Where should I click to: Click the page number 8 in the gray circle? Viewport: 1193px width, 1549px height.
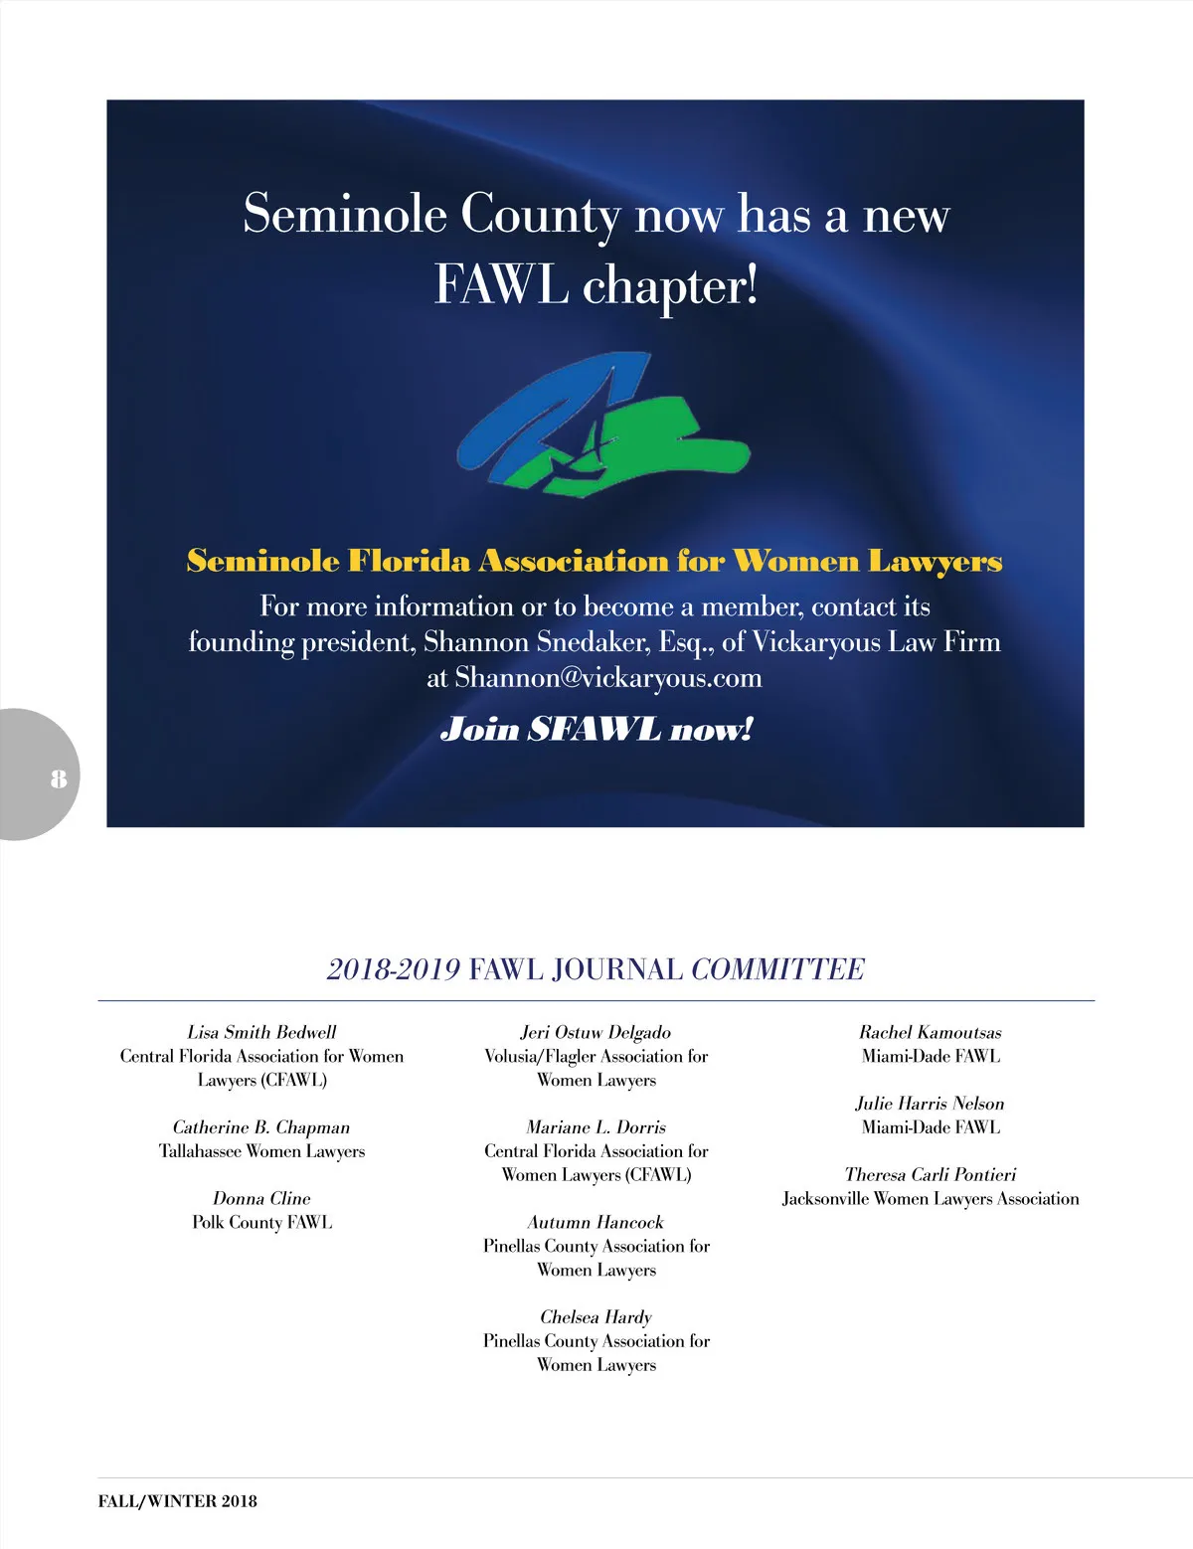click(59, 777)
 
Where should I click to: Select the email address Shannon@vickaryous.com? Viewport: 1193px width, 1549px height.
click(608, 678)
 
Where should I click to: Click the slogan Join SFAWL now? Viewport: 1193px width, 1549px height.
click(596, 730)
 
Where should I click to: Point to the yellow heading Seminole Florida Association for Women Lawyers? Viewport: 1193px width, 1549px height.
click(595, 562)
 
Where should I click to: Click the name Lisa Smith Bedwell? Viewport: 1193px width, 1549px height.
click(261, 1032)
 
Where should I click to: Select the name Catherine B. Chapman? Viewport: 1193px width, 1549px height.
click(261, 1127)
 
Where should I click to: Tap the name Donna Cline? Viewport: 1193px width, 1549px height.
click(261, 1198)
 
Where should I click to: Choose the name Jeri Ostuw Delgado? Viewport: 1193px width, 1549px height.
click(596, 1032)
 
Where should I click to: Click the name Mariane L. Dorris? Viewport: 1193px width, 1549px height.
click(596, 1127)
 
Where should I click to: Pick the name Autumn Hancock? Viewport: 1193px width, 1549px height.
click(596, 1222)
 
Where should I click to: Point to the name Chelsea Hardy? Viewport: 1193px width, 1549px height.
click(596, 1317)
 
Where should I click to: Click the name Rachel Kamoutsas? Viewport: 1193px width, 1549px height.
click(930, 1032)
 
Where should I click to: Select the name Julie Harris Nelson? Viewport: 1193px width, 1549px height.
click(930, 1104)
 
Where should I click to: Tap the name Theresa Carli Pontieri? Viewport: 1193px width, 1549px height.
click(930, 1175)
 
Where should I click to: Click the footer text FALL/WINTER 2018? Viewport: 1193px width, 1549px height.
click(177, 1501)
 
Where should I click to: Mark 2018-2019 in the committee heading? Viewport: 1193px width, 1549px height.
click(393, 969)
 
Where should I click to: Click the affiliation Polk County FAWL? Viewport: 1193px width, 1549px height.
click(261, 1222)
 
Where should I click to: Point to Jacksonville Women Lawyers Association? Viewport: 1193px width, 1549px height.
click(930, 1199)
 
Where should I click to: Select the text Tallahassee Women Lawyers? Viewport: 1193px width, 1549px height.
click(261, 1151)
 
